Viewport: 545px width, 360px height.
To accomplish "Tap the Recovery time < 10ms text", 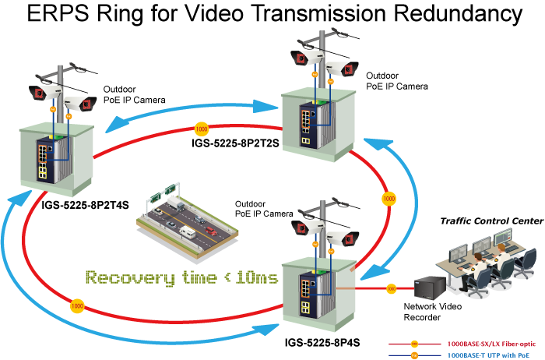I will (181, 277).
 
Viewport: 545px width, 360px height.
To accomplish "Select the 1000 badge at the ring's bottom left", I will (77, 305).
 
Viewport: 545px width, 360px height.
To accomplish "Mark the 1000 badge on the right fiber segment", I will (388, 199).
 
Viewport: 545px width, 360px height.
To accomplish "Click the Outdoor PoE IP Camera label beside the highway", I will (262, 208).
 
